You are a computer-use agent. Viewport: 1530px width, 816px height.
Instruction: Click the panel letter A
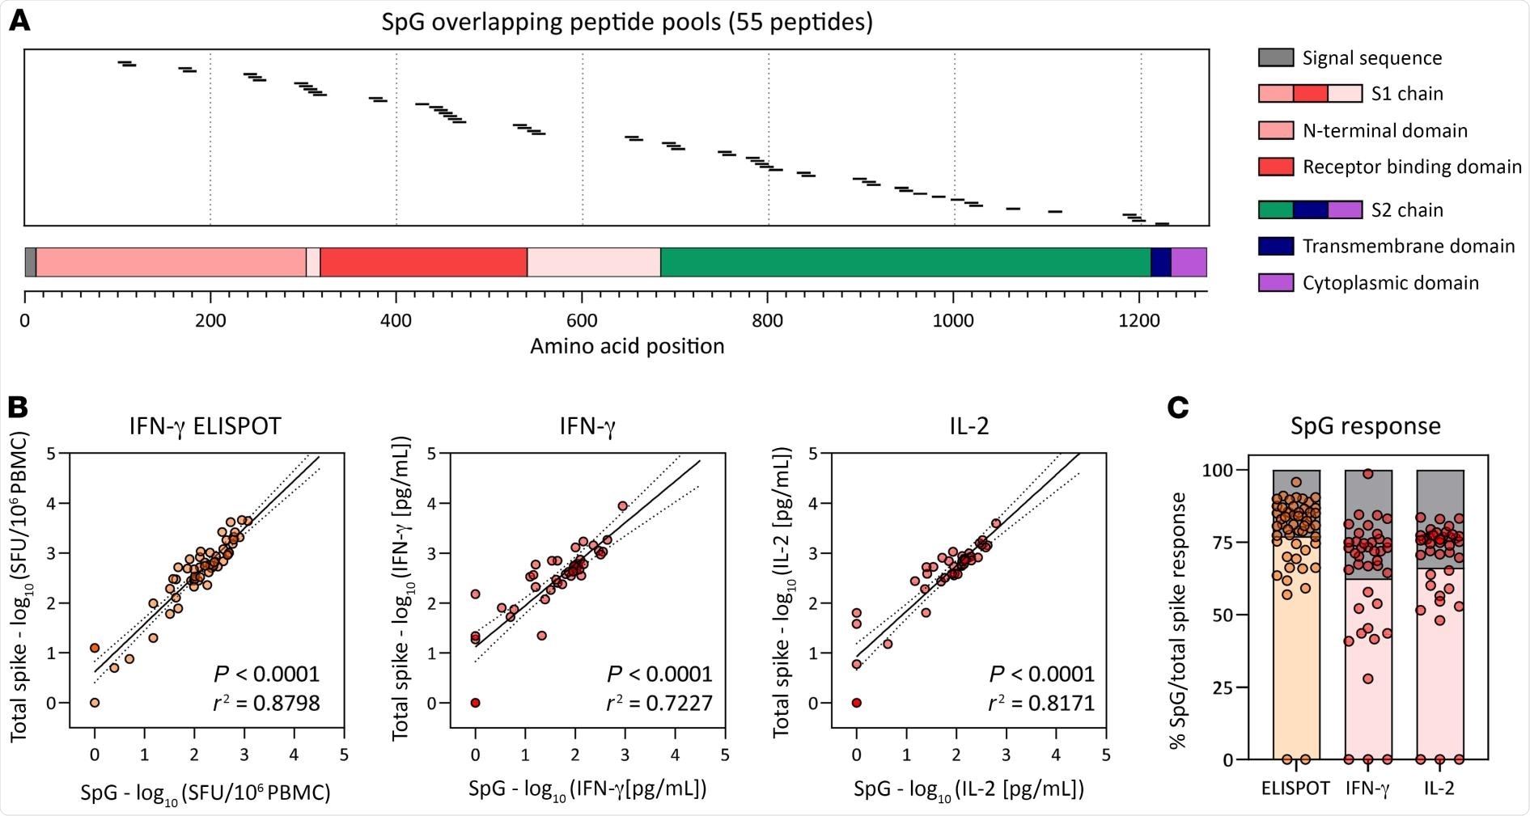(x=19, y=21)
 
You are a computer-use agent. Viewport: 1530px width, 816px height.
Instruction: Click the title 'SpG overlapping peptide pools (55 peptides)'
(x=627, y=22)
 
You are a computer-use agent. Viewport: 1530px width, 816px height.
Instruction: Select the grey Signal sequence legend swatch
(x=1276, y=57)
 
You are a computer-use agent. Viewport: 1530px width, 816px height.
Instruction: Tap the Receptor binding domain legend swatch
(x=1276, y=167)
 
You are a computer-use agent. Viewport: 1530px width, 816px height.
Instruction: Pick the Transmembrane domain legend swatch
(x=1276, y=246)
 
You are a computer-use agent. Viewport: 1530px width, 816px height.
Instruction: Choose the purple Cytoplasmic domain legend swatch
(x=1276, y=282)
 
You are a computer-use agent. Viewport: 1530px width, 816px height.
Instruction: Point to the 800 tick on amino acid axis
(x=767, y=320)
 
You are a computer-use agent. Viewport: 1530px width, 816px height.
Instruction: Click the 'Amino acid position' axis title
(x=627, y=347)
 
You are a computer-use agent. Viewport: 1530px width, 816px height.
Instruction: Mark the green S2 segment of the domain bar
(x=905, y=262)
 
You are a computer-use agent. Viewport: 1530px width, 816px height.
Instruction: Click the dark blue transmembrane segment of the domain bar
(x=1160, y=262)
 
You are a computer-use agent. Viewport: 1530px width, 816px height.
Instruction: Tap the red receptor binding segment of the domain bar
(x=423, y=262)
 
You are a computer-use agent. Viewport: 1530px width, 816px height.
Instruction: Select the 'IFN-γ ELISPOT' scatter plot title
(x=206, y=426)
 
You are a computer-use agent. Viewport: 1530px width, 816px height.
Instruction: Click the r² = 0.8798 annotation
(x=266, y=703)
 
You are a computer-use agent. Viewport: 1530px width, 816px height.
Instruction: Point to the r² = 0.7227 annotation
(x=659, y=703)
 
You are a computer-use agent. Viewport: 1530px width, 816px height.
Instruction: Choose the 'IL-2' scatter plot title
(x=968, y=426)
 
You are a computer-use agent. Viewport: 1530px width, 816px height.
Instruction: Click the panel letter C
(x=1178, y=407)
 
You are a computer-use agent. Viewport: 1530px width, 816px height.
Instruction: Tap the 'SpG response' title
(x=1366, y=426)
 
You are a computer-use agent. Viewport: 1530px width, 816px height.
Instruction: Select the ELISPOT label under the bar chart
(x=1295, y=788)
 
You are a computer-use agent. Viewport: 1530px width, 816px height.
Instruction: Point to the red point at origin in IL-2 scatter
(x=857, y=703)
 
